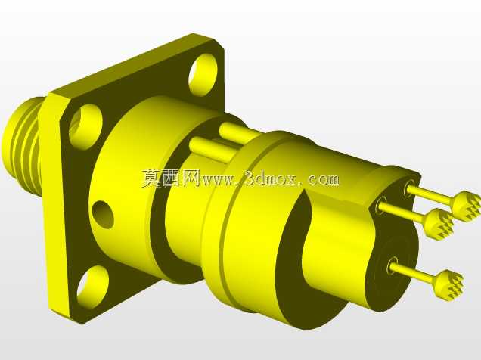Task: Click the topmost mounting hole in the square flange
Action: pos(203,75)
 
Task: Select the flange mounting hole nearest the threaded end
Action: pos(85,126)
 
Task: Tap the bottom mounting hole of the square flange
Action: pos(92,287)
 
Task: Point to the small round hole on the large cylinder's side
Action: pos(103,215)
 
